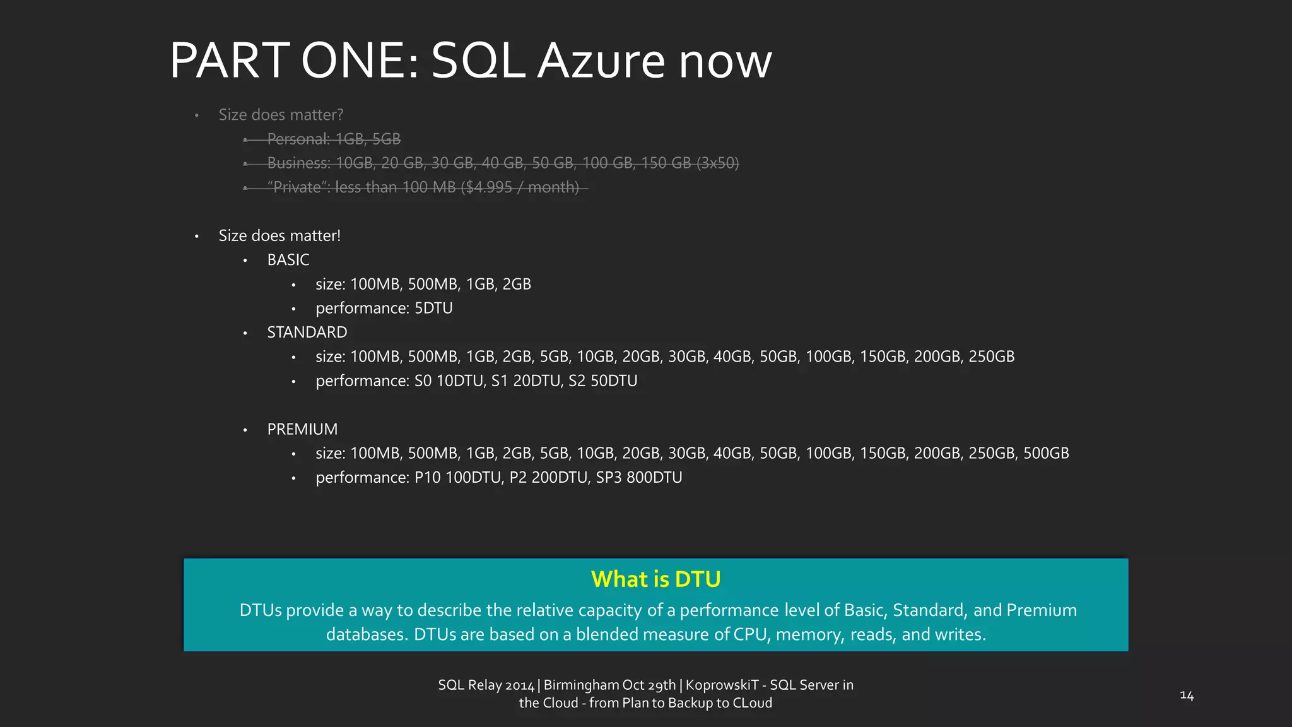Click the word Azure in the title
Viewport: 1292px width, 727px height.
[x=601, y=61]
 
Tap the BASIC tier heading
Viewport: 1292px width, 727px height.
[x=288, y=260]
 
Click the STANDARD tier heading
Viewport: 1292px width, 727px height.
[x=307, y=333]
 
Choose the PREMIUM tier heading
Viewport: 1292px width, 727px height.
[x=302, y=429]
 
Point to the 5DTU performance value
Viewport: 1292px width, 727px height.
[x=433, y=309]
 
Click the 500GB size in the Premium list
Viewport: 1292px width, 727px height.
[x=1046, y=453]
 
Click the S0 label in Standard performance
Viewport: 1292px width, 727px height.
[x=422, y=381]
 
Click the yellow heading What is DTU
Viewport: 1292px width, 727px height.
[x=655, y=579]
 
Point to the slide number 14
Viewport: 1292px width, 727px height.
[x=1187, y=695]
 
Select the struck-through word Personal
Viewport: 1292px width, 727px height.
[x=298, y=139]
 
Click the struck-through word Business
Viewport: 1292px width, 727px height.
[x=298, y=163]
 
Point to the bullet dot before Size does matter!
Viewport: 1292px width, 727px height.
[x=197, y=236]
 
